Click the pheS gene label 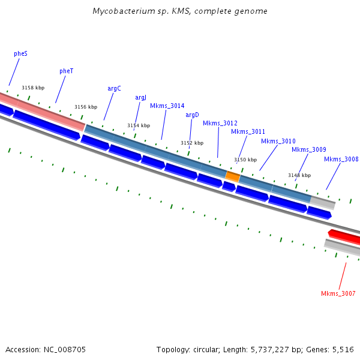point(20,53)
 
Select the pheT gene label point(66,71)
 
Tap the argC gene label point(114,88)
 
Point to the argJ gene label point(140,97)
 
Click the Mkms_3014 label point(167,106)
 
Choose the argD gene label point(192,115)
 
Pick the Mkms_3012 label point(220,123)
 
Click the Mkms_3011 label point(248,131)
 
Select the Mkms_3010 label point(278,141)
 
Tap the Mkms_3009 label point(308,149)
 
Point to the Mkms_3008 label point(341,159)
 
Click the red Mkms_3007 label point(338,293)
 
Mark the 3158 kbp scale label point(33,88)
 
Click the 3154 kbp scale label point(139,125)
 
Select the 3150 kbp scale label point(245,160)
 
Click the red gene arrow point(344,236)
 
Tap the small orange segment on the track point(233,176)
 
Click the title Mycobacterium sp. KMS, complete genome point(180,11)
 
